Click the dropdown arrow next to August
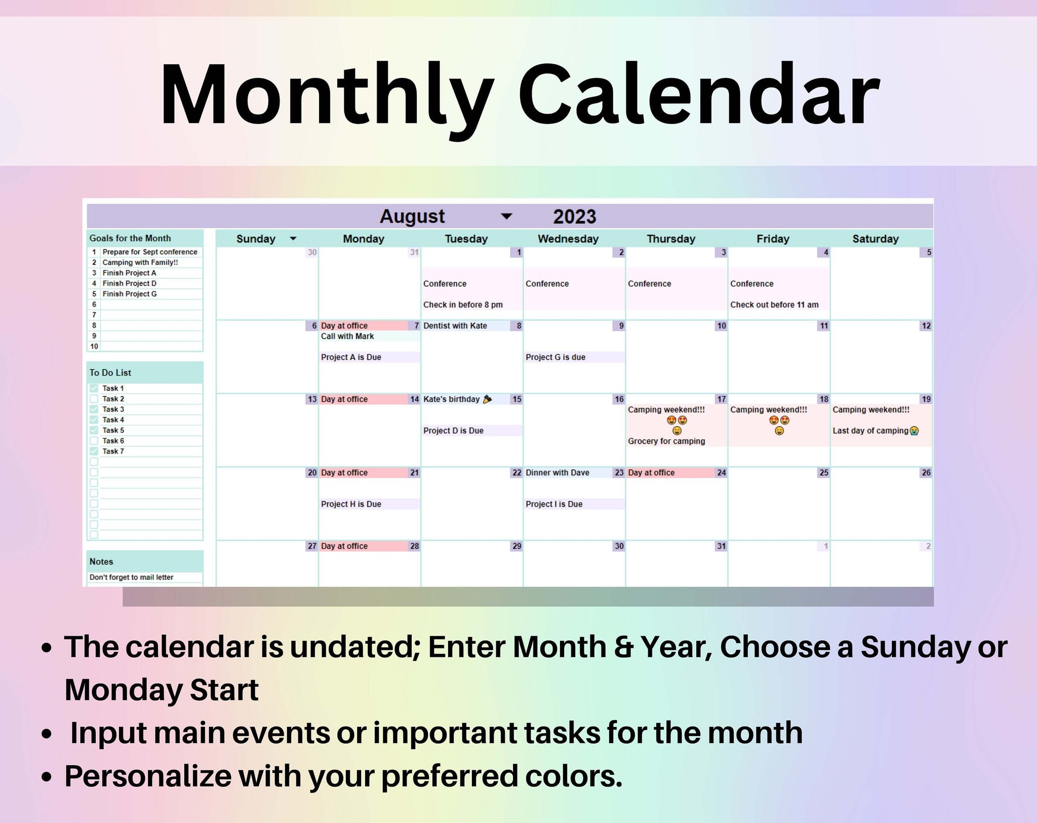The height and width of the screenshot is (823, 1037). coord(506,217)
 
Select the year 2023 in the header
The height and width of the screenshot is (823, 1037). coord(574,217)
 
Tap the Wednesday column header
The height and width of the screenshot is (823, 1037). coord(568,239)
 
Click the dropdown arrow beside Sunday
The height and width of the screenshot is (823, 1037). coord(293,239)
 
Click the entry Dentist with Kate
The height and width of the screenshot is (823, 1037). coord(455,326)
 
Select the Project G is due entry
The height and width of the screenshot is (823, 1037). coord(555,357)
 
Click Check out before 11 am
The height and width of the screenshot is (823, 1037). coord(774,305)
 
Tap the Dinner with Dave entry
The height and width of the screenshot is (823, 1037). coord(557,473)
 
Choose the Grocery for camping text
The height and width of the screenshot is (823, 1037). coord(666,441)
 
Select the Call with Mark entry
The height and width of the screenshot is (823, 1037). coord(347,337)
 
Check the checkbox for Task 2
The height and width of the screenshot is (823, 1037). coord(94,399)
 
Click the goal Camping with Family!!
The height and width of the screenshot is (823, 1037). coord(140,263)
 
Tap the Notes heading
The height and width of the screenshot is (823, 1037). coord(101,562)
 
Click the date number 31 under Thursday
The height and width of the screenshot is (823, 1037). coord(721,546)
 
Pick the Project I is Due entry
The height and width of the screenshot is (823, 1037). coord(553,504)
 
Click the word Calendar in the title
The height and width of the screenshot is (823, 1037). coord(698,95)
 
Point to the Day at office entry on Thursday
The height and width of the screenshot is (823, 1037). coord(651,473)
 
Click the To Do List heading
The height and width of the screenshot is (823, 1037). coord(110,373)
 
